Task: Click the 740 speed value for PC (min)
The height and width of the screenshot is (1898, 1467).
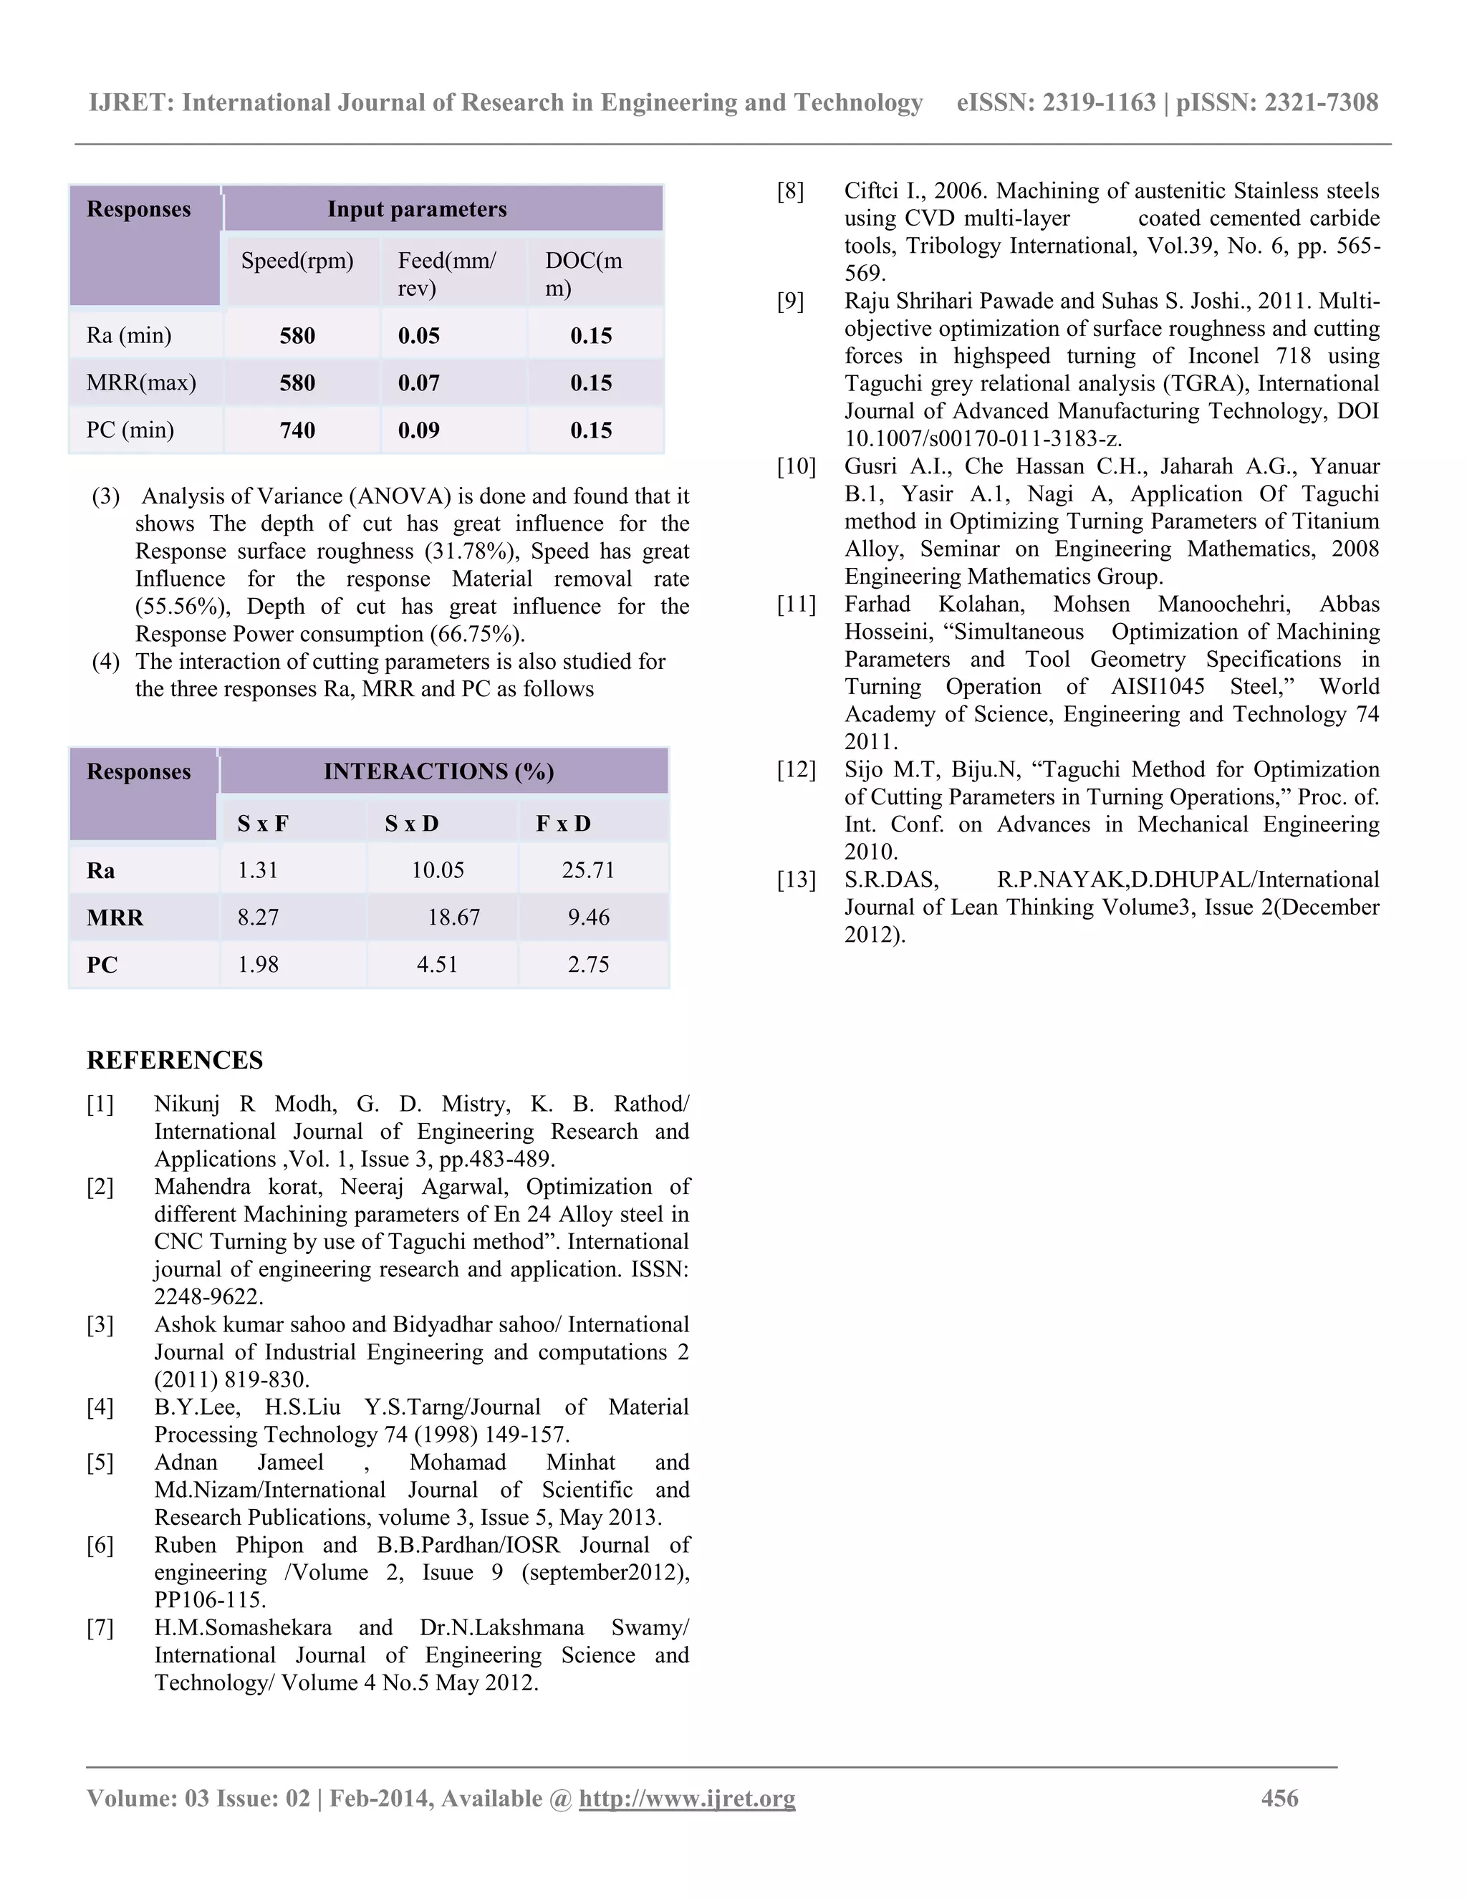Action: click(x=297, y=430)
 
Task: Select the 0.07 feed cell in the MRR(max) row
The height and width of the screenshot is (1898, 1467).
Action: click(x=419, y=383)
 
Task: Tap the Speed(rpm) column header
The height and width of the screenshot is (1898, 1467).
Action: click(x=297, y=261)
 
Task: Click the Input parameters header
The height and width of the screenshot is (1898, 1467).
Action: click(x=417, y=209)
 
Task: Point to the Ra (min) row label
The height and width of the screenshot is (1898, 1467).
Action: click(x=129, y=335)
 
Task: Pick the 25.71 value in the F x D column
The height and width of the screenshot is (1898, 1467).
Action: click(x=588, y=870)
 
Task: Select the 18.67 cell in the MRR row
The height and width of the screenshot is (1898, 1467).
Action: click(x=453, y=917)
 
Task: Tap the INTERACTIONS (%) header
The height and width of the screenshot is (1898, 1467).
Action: click(x=439, y=771)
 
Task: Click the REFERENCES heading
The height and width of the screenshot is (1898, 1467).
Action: click(x=175, y=1060)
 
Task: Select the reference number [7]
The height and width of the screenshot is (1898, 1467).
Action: click(x=100, y=1628)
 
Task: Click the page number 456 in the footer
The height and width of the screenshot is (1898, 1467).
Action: click(x=1279, y=1798)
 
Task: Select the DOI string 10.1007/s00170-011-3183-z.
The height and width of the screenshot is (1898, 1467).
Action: click(x=983, y=439)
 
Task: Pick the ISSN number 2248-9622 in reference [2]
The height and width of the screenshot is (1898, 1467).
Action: click(x=208, y=1296)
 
